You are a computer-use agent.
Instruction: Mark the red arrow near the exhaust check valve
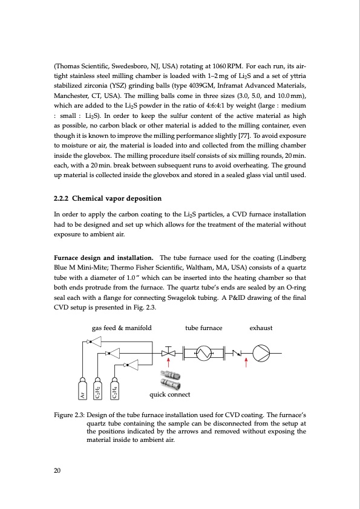pyautogui.click(x=246, y=363)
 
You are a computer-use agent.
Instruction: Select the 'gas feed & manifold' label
pyautogui.click(x=121, y=328)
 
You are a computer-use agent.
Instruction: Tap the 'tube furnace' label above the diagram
pyautogui.click(x=203, y=328)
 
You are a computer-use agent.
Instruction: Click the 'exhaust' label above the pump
pyautogui.click(x=261, y=328)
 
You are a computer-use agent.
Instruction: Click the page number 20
pyautogui.click(x=58, y=470)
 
